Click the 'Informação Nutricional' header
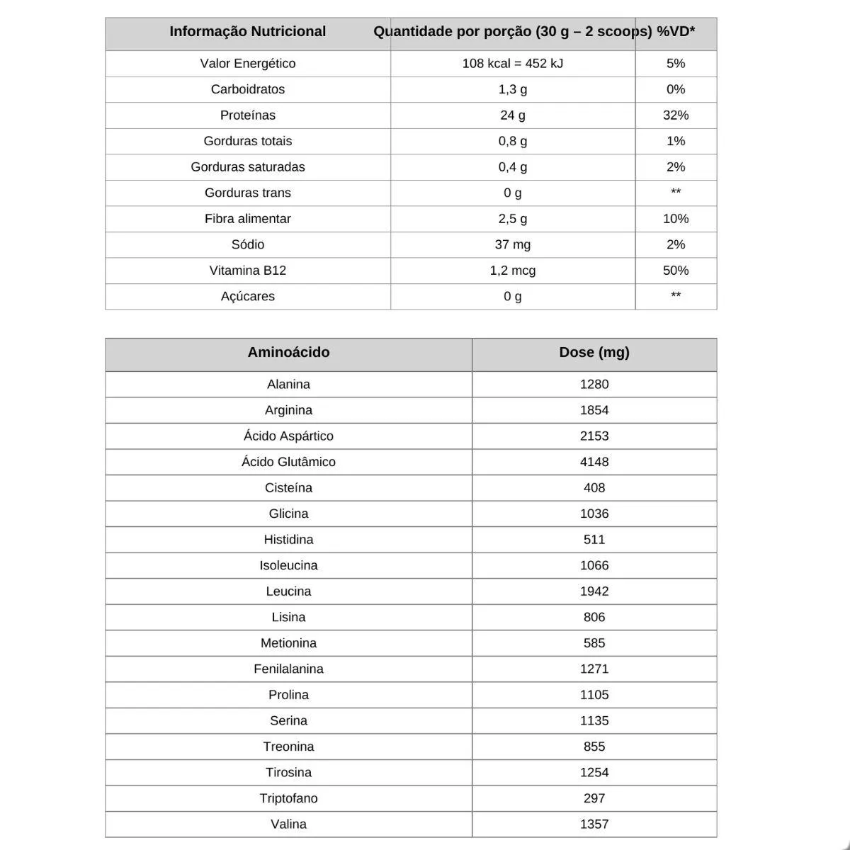point(247,32)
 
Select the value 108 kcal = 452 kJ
point(512,64)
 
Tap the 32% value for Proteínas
point(675,115)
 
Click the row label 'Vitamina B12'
point(247,271)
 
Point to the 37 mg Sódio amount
point(512,245)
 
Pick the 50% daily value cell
point(675,271)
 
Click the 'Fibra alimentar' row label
point(247,219)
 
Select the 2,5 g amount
point(512,219)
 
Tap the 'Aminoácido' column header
point(288,353)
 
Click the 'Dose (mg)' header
point(594,353)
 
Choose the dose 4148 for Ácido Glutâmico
point(594,462)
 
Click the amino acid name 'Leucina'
point(288,591)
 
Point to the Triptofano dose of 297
point(594,798)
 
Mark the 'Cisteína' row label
point(288,488)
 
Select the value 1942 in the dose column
point(594,591)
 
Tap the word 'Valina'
point(288,824)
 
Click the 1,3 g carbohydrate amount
point(512,90)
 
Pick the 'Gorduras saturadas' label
point(247,167)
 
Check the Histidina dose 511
point(594,540)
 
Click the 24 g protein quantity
point(512,115)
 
